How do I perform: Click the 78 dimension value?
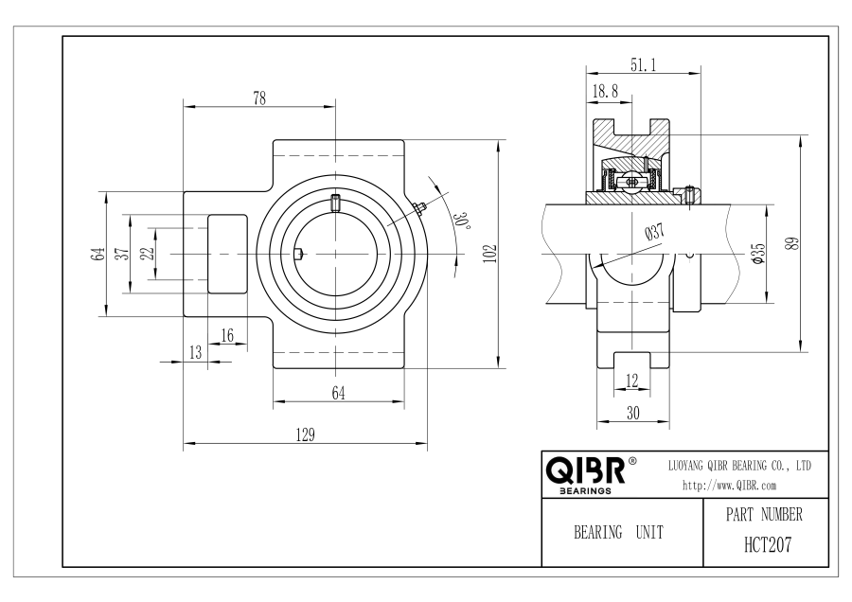[259, 98]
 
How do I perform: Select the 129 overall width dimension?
[305, 434]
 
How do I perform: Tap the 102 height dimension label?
[490, 254]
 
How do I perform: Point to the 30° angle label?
[462, 220]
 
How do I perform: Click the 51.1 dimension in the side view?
[644, 65]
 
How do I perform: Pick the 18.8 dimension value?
[605, 91]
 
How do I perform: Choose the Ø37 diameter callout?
[655, 232]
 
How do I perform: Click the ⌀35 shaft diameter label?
[758, 254]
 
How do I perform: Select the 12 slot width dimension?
[632, 381]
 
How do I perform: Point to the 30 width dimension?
[633, 414]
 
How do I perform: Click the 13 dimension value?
[196, 353]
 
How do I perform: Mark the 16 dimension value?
[227, 335]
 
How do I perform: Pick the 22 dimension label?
[148, 253]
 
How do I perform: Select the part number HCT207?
[768, 544]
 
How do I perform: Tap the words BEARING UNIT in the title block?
[619, 532]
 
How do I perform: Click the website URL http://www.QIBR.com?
[729, 486]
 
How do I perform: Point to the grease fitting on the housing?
[418, 209]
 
